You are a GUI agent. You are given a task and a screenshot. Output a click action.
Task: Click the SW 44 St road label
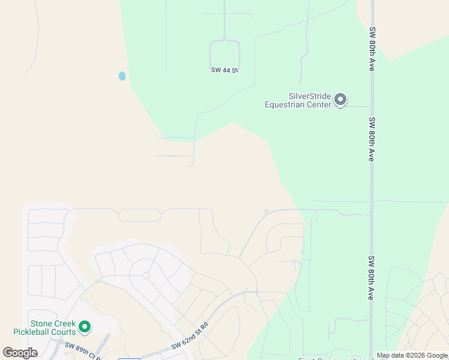tap(225, 70)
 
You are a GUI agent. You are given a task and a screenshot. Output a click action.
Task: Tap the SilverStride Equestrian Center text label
tap(298, 100)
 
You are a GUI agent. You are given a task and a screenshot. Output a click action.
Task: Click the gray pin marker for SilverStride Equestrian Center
tap(340, 99)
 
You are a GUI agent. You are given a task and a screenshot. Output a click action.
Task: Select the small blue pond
tap(122, 76)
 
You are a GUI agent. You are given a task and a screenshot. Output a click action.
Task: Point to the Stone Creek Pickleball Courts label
tap(45, 328)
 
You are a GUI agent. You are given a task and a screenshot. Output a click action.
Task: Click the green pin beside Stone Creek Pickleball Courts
tap(85, 326)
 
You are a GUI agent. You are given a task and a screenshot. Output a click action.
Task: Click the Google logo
tap(20, 353)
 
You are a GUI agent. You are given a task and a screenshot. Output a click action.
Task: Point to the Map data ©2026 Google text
tap(412, 355)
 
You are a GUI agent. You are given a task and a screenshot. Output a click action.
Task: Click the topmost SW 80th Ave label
tap(372, 49)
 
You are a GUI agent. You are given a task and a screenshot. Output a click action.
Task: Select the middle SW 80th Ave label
tap(372, 139)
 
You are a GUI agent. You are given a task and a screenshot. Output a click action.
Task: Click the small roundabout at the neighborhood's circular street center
tap(146, 275)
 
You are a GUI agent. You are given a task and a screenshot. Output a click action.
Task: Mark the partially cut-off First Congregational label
tap(336, 359)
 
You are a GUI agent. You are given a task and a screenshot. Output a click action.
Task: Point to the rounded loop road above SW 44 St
tap(225, 50)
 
